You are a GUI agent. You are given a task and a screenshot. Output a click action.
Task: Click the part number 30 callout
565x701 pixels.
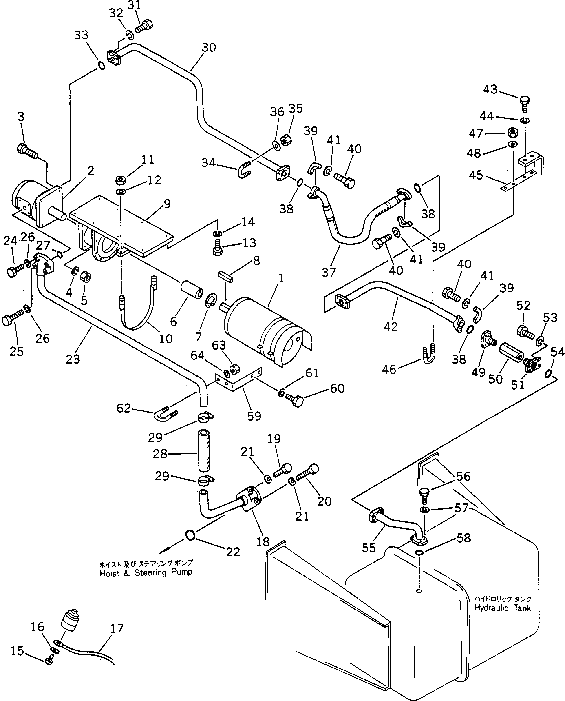pos(209,48)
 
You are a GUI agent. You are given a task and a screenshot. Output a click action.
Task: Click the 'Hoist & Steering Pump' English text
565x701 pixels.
pos(146,573)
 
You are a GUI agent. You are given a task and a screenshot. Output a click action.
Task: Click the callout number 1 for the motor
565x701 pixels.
pos(281,279)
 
